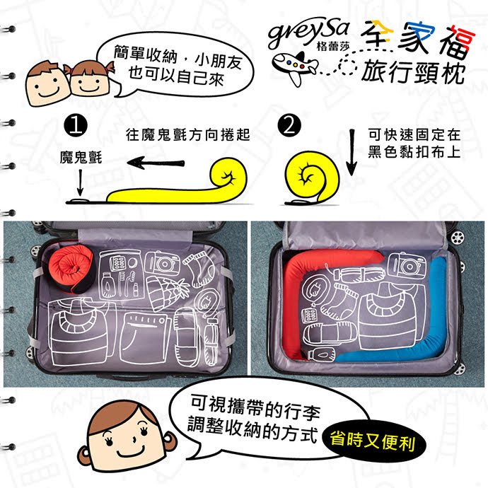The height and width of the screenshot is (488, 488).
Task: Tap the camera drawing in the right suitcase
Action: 407,267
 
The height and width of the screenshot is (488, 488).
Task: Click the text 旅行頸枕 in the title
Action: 413,72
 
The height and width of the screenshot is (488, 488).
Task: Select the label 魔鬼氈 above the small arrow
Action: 80,157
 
